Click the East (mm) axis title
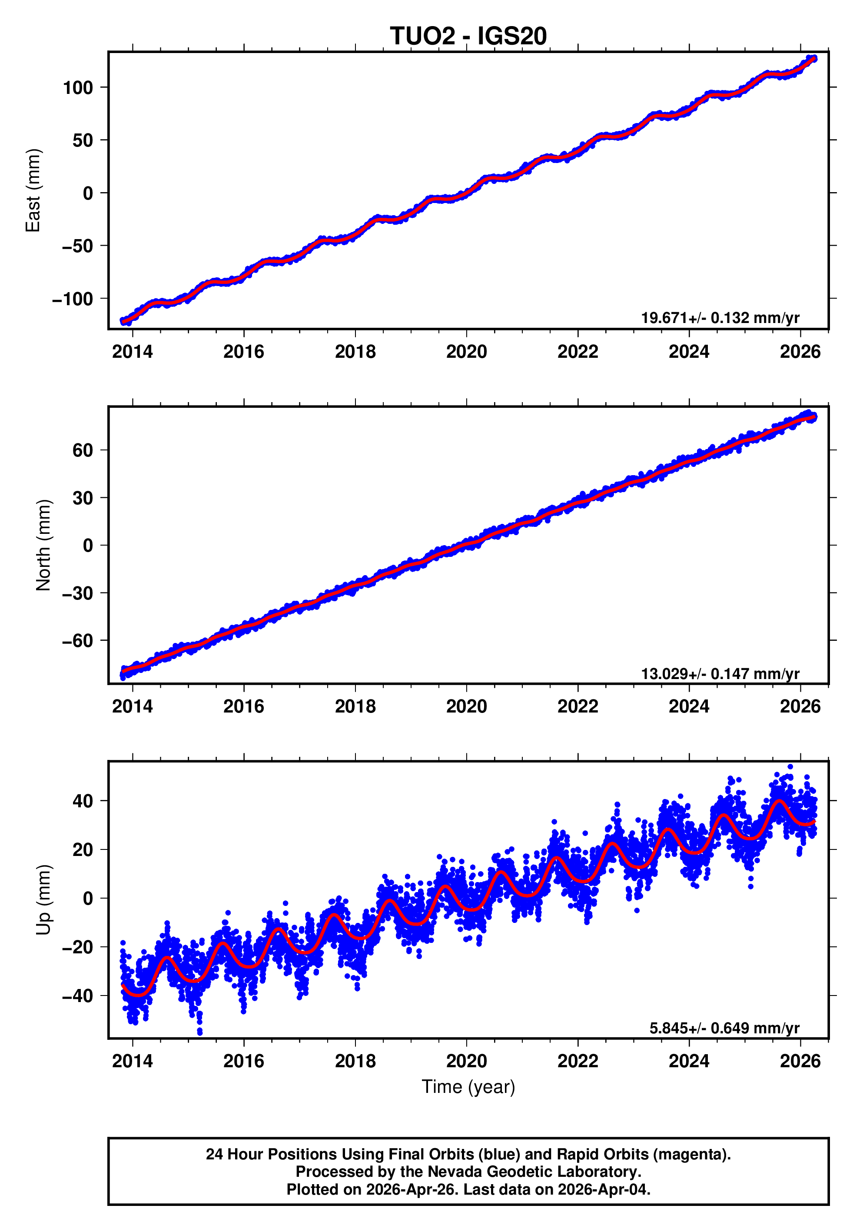33,190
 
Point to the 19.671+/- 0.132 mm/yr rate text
720,318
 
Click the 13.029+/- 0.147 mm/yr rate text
720,673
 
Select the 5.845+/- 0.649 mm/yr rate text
724,1028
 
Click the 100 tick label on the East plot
78,87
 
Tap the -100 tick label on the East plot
73,299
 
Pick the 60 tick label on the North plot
83,450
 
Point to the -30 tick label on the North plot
78,593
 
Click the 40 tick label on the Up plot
83,801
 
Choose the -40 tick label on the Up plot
78,996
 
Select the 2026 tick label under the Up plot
800,1061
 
